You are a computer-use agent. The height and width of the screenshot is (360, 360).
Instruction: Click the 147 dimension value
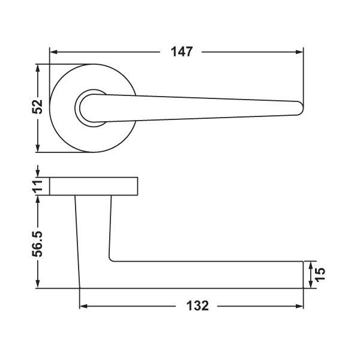pos(182,52)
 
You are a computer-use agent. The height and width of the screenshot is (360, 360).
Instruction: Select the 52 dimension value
pos(37,107)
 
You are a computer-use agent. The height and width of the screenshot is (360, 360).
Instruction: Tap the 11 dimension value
pos(37,186)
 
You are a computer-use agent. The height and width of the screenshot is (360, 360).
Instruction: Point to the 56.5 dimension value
pos(37,244)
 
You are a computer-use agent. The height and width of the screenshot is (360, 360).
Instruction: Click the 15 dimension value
pos(320,274)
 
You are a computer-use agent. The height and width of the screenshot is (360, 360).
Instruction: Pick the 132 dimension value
pos(197,306)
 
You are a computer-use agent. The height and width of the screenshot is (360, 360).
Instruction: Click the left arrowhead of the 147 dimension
pos(53,52)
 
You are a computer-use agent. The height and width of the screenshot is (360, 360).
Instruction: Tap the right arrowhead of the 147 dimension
pos(299,52)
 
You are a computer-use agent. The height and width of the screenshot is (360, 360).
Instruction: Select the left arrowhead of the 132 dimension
pos(83,306)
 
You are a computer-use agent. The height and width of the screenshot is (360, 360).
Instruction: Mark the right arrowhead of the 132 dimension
pos(299,306)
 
